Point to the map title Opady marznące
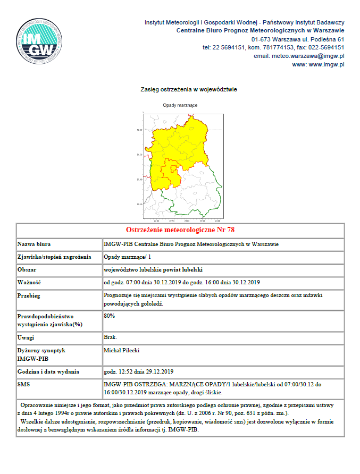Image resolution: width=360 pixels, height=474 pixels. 180,105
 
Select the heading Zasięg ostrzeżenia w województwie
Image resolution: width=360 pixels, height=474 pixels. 180,89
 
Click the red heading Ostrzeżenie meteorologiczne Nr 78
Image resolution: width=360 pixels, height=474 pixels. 180,230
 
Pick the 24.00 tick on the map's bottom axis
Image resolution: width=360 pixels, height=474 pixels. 218,221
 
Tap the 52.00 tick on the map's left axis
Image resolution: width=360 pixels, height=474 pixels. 139,130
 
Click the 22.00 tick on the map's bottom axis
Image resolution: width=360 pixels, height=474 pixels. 156,221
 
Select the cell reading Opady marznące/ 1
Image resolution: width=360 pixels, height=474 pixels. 124,257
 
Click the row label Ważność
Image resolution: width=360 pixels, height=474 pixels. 29,282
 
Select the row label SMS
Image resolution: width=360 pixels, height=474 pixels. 24,384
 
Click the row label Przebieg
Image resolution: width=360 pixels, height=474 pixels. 29,295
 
